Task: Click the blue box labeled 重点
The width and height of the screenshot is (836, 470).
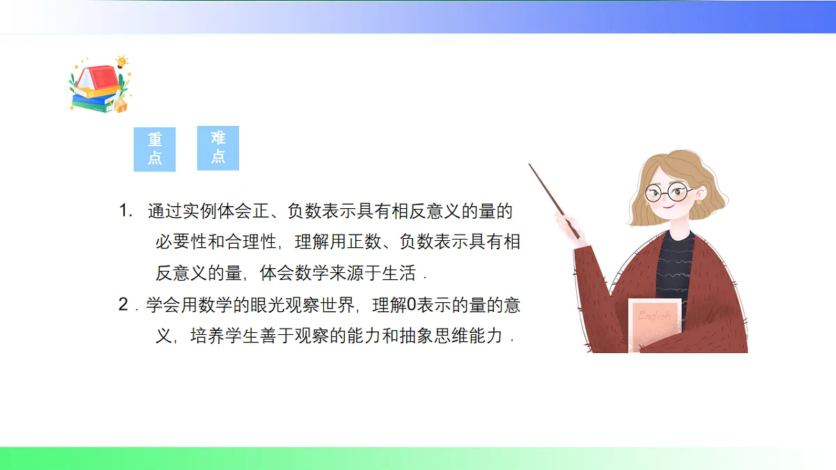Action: point(154,149)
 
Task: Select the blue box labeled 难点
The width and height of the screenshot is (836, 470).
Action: point(217,148)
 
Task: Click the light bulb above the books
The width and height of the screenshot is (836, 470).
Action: point(123,61)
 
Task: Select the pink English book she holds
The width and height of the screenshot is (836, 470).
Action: point(654,324)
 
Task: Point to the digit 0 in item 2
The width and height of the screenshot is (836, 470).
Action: point(410,305)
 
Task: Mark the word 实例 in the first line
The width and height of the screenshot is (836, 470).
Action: point(199,211)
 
